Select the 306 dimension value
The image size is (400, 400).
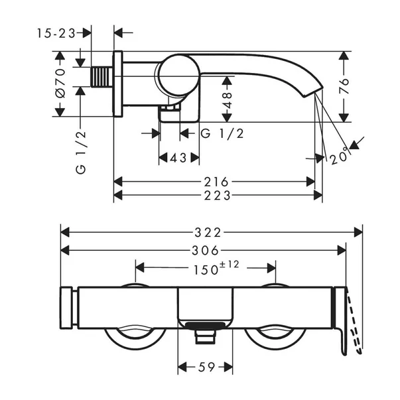click(x=203, y=250)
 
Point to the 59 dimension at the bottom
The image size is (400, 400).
click(x=205, y=366)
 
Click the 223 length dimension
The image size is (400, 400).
click(x=217, y=195)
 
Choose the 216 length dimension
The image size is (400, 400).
click(x=216, y=181)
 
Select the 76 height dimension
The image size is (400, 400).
click(x=344, y=88)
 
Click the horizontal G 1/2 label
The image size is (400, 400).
click(x=222, y=133)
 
